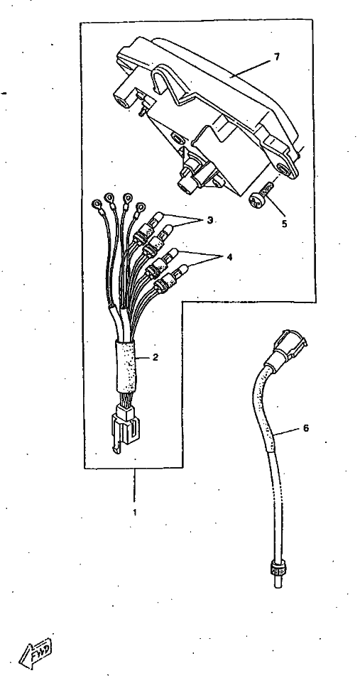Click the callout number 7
[277, 57]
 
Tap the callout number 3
[210, 220]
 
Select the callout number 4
[229, 257]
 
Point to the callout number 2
[156, 357]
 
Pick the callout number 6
[306, 428]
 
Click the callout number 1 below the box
[135, 513]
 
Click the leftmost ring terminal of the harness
[96, 202]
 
